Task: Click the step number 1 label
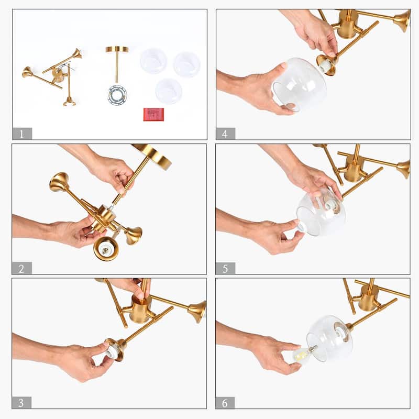pos(22,134)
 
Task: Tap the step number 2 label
pos(22,268)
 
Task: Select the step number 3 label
pos(21,403)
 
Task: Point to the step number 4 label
pos(225,134)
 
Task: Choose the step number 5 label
pos(225,268)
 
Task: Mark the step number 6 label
pos(225,403)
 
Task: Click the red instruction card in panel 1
pos(153,114)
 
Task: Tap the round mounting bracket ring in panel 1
pos(117,95)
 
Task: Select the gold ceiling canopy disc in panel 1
pos(117,49)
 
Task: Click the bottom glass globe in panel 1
pos(169,91)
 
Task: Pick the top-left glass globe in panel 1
pos(153,61)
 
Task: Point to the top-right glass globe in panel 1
pos(187,64)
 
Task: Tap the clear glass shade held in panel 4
pos(299,84)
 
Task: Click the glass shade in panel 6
pos(329,338)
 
